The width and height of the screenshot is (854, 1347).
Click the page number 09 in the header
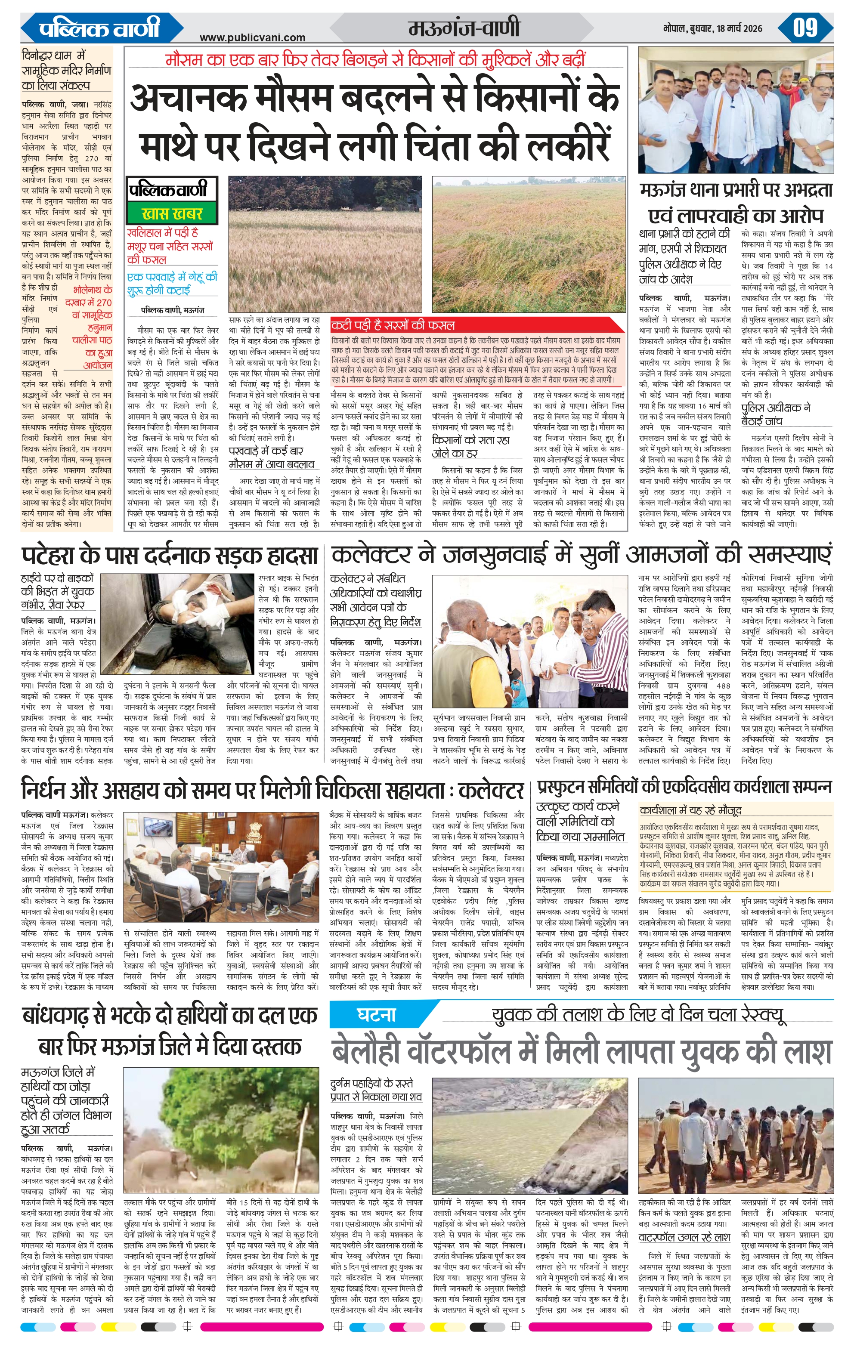pyautogui.click(x=805, y=28)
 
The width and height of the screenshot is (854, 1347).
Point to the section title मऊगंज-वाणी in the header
pyautogui.click(x=464, y=28)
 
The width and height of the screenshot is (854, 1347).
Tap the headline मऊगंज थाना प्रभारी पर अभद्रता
pyautogui.click(x=736, y=190)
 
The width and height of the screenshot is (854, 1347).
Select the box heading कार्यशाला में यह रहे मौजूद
pyautogui.click(x=691, y=810)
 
